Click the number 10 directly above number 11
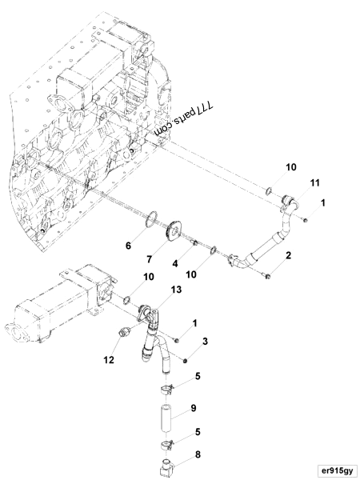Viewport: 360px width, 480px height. click(290, 167)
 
